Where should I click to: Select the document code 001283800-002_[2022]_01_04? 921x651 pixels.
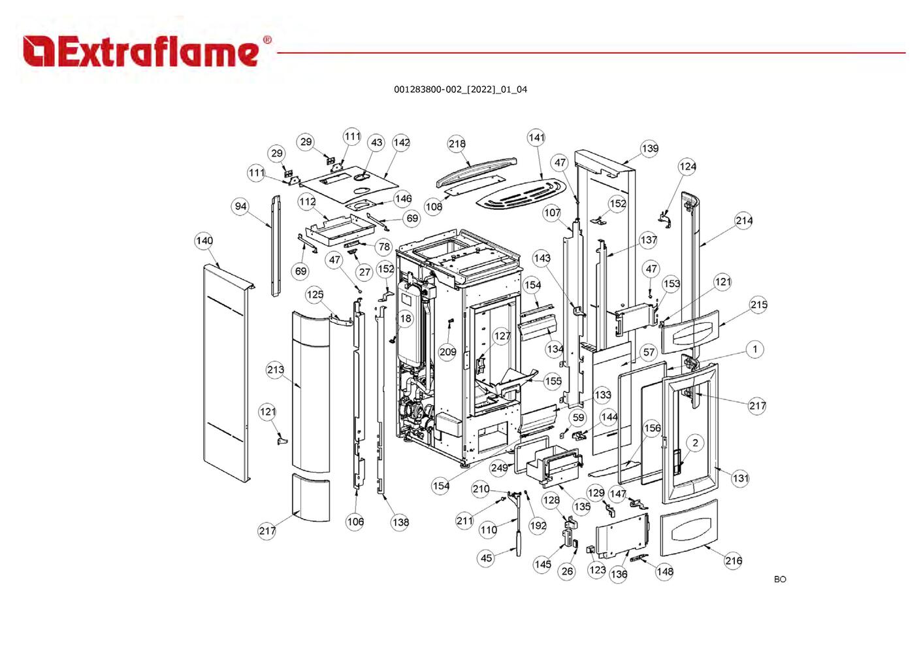coord(460,90)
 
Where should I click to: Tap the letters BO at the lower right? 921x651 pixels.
coord(780,579)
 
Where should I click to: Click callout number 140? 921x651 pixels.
coord(204,241)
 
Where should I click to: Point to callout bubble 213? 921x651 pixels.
coord(276,370)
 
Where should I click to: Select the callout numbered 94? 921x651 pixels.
coord(241,207)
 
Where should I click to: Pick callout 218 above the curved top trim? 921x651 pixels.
coord(457,144)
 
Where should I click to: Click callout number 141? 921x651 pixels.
coord(536,137)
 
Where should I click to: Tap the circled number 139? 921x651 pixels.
coord(650,148)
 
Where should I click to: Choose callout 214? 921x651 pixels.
coord(744,220)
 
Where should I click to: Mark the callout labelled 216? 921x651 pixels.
coord(734,560)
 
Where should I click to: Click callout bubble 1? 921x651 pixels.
coord(755,349)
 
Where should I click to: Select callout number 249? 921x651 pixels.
coord(499,467)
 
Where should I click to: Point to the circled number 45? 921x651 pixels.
coord(486,558)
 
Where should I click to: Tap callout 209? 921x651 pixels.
coord(447,352)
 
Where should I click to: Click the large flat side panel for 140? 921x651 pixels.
coord(225,379)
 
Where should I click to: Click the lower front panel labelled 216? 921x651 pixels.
coord(689,527)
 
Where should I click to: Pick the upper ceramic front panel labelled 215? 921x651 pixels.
coord(690,331)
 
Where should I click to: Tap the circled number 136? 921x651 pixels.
coord(619,574)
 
